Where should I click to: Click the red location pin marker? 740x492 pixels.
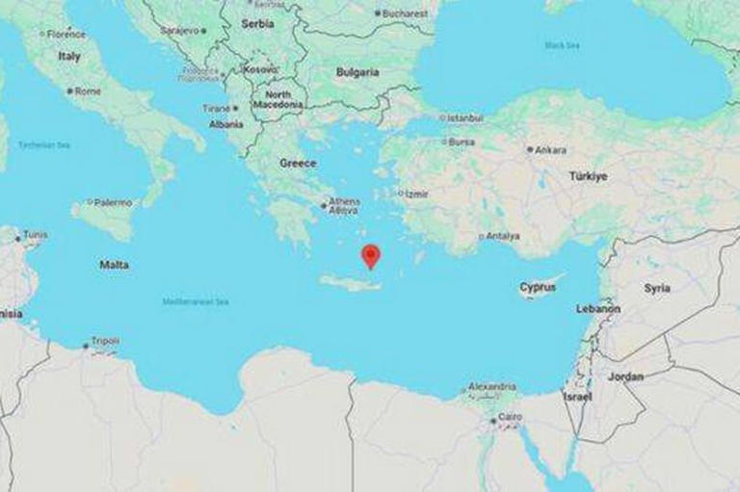pyautogui.click(x=370, y=256)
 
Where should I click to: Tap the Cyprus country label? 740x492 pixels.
pyautogui.click(x=538, y=287)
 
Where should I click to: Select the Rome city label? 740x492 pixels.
pyautogui.click(x=87, y=91)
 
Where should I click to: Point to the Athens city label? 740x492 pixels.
pyautogui.click(x=344, y=202)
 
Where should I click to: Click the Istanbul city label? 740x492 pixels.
pyautogui.click(x=463, y=117)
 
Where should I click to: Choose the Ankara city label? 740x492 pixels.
pyautogui.click(x=550, y=149)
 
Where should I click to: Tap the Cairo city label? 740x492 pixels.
pyautogui.click(x=510, y=418)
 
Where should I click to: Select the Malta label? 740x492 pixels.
pyautogui.click(x=115, y=264)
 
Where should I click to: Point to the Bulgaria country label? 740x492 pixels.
pyautogui.click(x=357, y=72)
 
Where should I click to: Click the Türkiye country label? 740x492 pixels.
pyautogui.click(x=588, y=177)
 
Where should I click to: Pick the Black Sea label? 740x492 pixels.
pyautogui.click(x=561, y=45)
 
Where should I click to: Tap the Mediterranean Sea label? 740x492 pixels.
pyautogui.click(x=195, y=302)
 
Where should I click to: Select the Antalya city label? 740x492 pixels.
pyautogui.click(x=503, y=236)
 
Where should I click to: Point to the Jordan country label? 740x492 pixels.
pyautogui.click(x=625, y=376)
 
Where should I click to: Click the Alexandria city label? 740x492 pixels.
pyautogui.click(x=492, y=387)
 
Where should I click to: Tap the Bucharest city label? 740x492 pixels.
pyautogui.click(x=405, y=13)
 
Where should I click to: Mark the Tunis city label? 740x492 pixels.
pyautogui.click(x=35, y=235)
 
